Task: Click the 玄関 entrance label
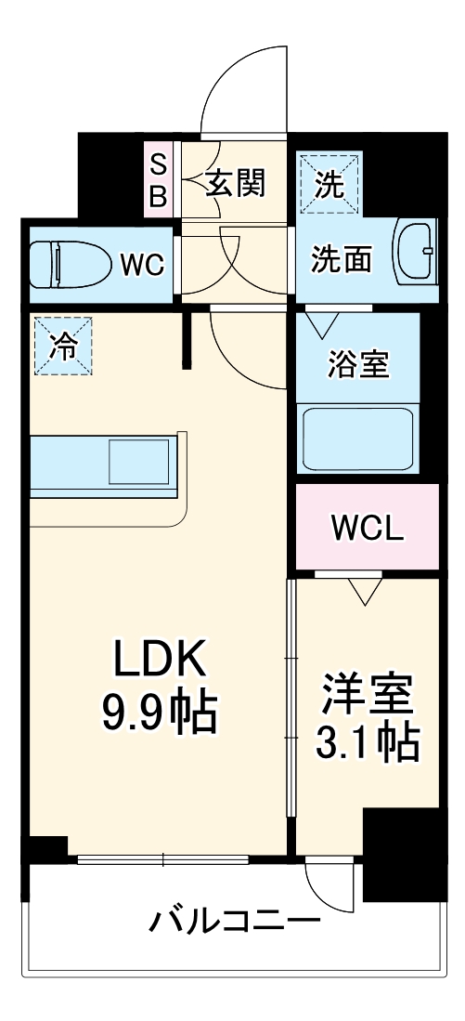click(x=235, y=182)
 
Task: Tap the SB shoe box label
click(x=159, y=180)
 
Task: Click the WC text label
click(x=142, y=266)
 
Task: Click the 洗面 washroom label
click(x=341, y=259)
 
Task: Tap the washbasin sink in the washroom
click(x=415, y=251)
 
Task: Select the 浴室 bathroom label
click(x=358, y=364)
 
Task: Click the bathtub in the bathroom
click(x=358, y=438)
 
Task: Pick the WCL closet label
click(x=368, y=529)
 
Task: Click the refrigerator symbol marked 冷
click(x=64, y=347)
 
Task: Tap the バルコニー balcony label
click(x=234, y=923)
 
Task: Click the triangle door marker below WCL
click(x=365, y=590)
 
